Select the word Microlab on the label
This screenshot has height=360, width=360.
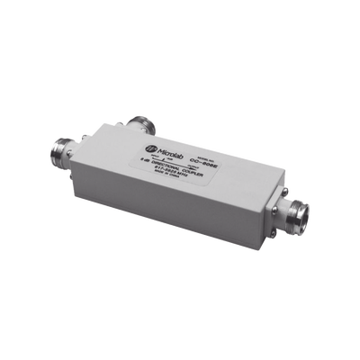(163, 143)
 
